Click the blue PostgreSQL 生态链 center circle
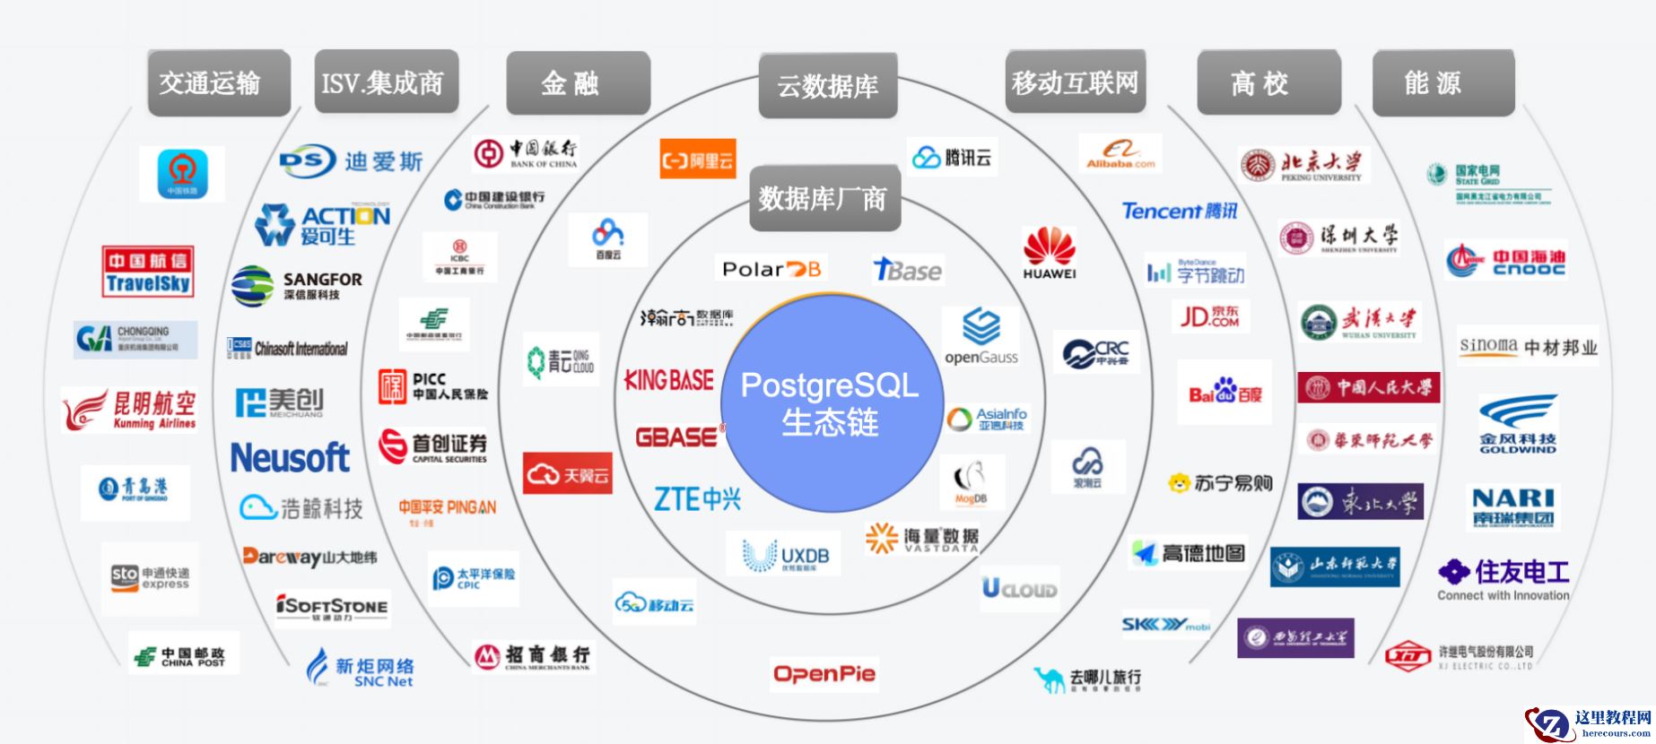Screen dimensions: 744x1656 (x=830, y=402)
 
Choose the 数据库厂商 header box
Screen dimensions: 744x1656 (x=824, y=198)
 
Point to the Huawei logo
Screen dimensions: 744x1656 (x=1049, y=253)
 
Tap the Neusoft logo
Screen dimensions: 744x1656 (x=290, y=457)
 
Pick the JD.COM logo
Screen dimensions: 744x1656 (x=1209, y=316)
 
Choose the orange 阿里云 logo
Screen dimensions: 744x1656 (x=697, y=160)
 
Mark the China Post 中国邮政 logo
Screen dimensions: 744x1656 (x=184, y=655)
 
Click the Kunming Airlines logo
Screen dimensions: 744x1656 (x=130, y=410)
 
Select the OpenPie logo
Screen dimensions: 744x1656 (x=824, y=674)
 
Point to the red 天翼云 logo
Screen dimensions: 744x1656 (x=567, y=473)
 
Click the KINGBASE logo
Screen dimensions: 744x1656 (x=669, y=381)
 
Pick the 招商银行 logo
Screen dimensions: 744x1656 (x=533, y=657)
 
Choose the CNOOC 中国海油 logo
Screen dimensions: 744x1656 (x=1506, y=261)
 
